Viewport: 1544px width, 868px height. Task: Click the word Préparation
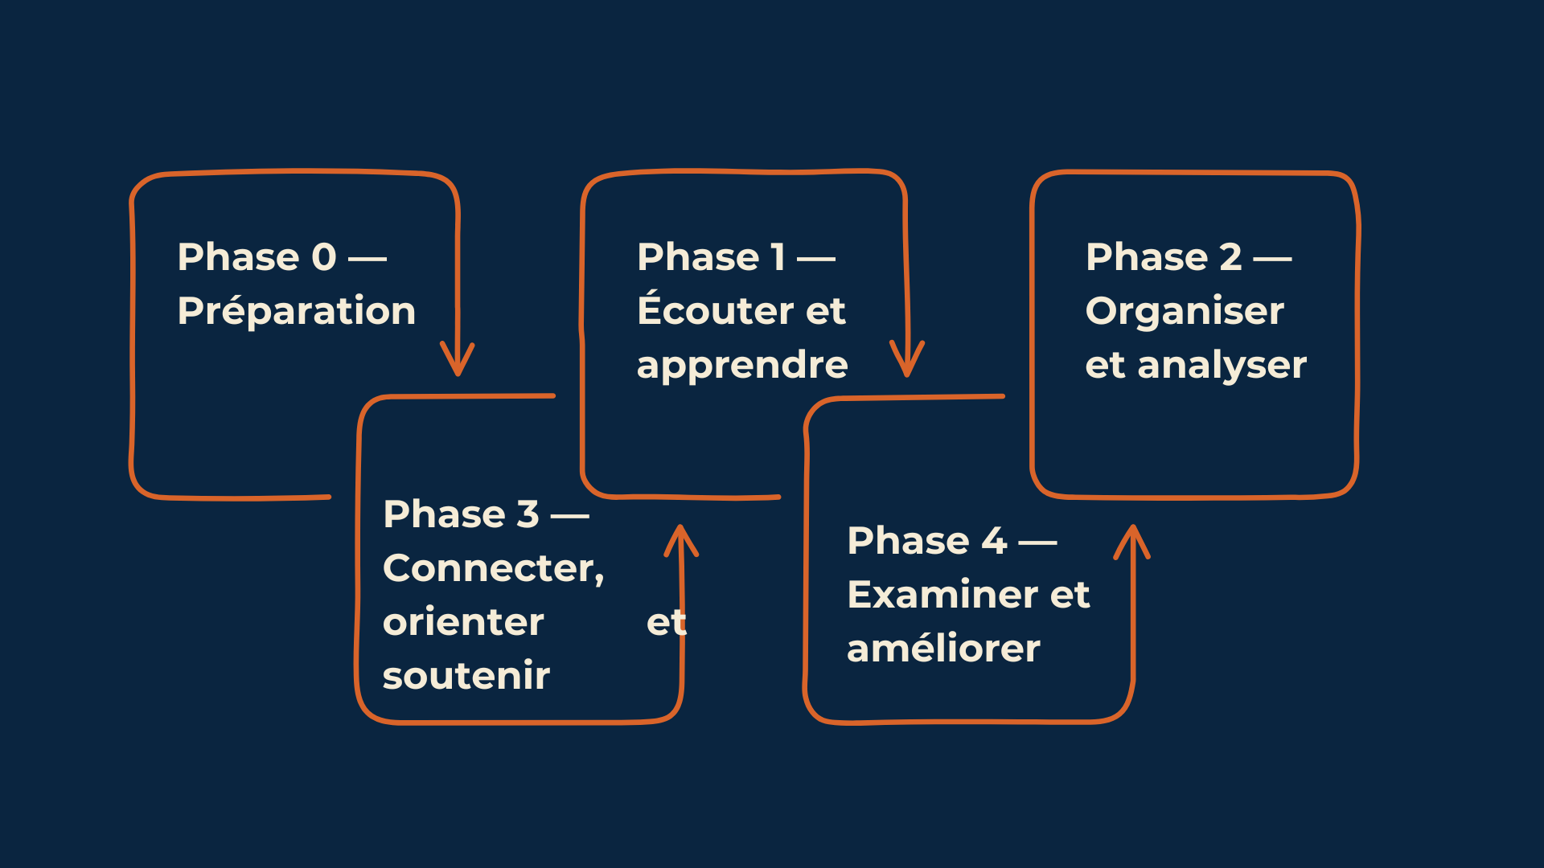click(x=297, y=311)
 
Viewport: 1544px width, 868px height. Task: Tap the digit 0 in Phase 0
click(x=324, y=257)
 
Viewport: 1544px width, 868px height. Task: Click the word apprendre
click(x=742, y=366)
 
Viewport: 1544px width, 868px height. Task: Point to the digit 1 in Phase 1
click(x=778, y=257)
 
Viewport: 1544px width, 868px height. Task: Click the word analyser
click(x=1222, y=366)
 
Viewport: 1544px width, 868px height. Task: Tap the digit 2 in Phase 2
click(x=1231, y=257)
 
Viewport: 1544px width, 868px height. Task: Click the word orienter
click(x=463, y=622)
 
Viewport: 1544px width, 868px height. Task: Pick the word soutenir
click(x=466, y=676)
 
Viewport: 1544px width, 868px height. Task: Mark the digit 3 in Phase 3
click(x=528, y=514)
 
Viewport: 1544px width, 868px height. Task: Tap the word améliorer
click(x=943, y=649)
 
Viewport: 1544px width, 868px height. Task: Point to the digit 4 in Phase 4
click(x=994, y=541)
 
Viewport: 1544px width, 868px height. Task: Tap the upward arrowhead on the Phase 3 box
click(x=681, y=541)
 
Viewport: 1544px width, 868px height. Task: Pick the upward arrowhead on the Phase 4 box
click(x=1132, y=542)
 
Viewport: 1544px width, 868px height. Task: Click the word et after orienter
click(x=667, y=623)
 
